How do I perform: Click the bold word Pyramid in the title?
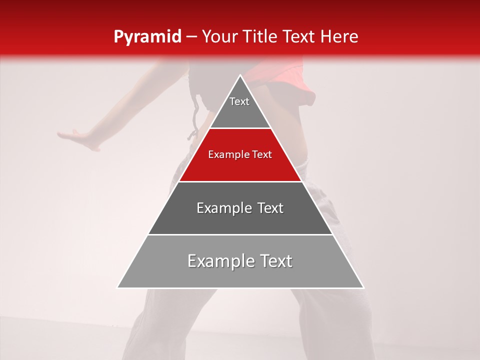point(147,37)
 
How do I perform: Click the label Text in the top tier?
point(239,101)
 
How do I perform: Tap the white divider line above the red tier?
point(240,128)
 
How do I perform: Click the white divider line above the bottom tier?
point(240,234)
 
